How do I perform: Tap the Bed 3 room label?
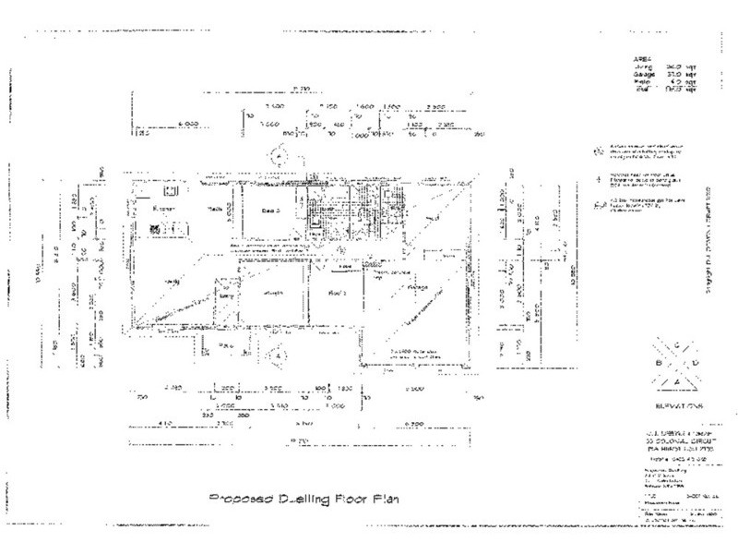(270, 211)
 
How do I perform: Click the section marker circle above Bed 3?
(274, 156)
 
